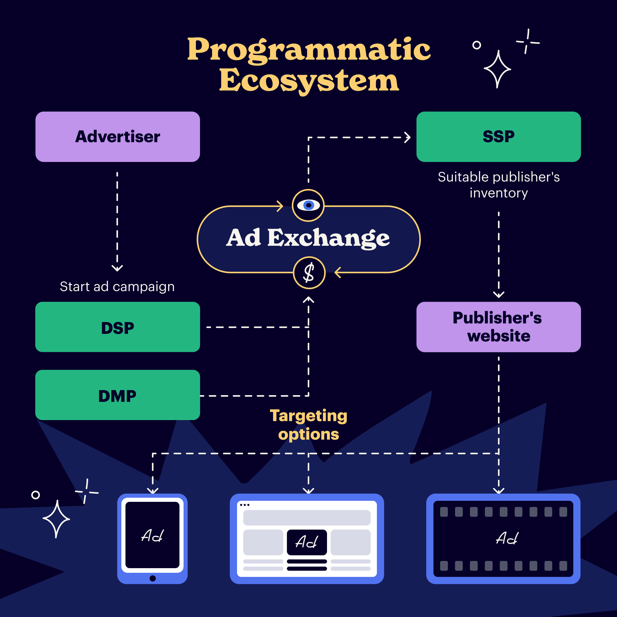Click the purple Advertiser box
(117, 137)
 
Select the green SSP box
(498, 137)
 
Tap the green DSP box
(117, 327)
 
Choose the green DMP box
(117, 395)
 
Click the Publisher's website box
(498, 327)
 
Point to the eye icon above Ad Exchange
(308, 205)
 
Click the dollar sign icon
(309, 273)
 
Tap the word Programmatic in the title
(309, 50)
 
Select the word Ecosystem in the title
(309, 80)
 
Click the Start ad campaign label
(117, 286)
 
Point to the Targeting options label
(308, 425)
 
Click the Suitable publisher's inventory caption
(498, 185)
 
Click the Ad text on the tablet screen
(152, 536)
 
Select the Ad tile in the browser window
(307, 542)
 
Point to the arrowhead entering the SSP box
(407, 138)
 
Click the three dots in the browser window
(245, 505)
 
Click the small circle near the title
(476, 45)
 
